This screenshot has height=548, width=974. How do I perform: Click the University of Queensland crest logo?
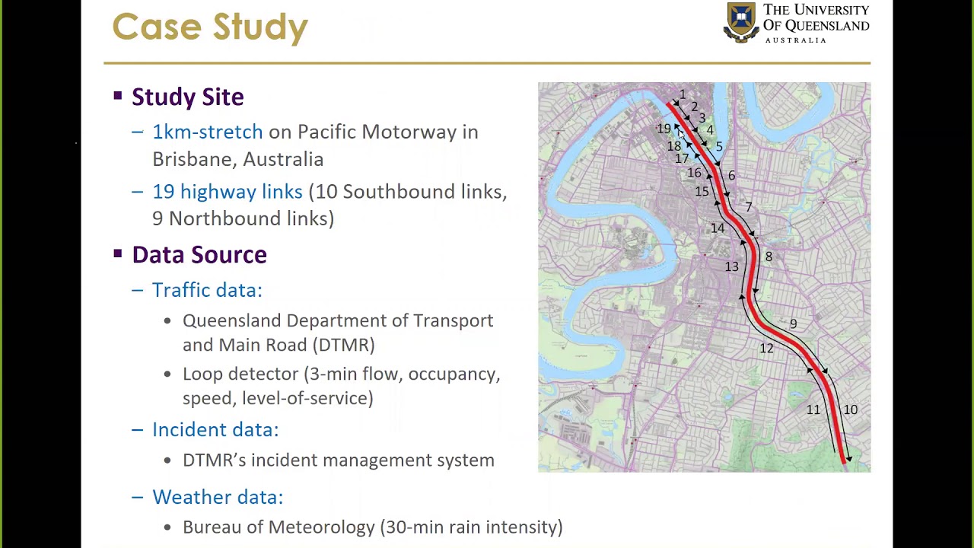pyautogui.click(x=740, y=22)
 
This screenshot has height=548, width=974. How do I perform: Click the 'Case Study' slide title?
pyautogui.click(x=210, y=27)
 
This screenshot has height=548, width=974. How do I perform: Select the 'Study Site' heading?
pyautogui.click(x=187, y=97)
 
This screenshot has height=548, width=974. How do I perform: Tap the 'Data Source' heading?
pyautogui.click(x=199, y=255)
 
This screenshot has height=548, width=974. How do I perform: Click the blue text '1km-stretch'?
pyautogui.click(x=207, y=132)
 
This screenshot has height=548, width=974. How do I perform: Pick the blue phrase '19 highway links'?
pyautogui.click(x=227, y=192)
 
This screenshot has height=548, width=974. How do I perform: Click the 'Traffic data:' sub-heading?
pyautogui.click(x=206, y=290)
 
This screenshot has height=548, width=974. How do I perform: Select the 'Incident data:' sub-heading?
pyautogui.click(x=215, y=430)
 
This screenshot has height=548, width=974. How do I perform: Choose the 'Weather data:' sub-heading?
pyautogui.click(x=217, y=497)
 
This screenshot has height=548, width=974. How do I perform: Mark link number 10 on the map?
pyautogui.click(x=850, y=410)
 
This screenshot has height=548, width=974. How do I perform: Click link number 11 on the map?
pyautogui.click(x=813, y=410)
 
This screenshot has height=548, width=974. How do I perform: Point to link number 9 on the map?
pyautogui.click(x=793, y=324)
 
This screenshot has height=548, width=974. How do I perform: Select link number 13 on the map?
pyautogui.click(x=731, y=266)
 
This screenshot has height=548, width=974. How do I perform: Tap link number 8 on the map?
pyautogui.click(x=769, y=257)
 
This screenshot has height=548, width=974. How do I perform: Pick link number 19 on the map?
pyautogui.click(x=664, y=129)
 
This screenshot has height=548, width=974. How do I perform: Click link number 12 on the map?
pyautogui.click(x=766, y=349)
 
